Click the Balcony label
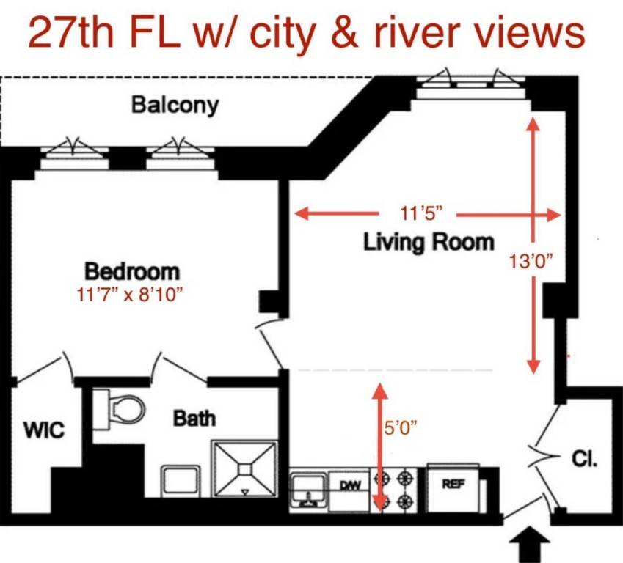(x=175, y=105)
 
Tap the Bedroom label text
(x=132, y=271)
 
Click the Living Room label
(x=429, y=242)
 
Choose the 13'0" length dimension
(x=531, y=260)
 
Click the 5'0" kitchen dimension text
(x=403, y=427)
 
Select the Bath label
(x=194, y=419)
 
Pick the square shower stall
(x=245, y=468)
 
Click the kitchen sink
(x=308, y=489)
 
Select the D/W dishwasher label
(x=349, y=485)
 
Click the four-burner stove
(x=395, y=490)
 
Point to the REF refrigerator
(x=453, y=485)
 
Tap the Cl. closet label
(x=584, y=460)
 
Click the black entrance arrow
(x=528, y=546)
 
